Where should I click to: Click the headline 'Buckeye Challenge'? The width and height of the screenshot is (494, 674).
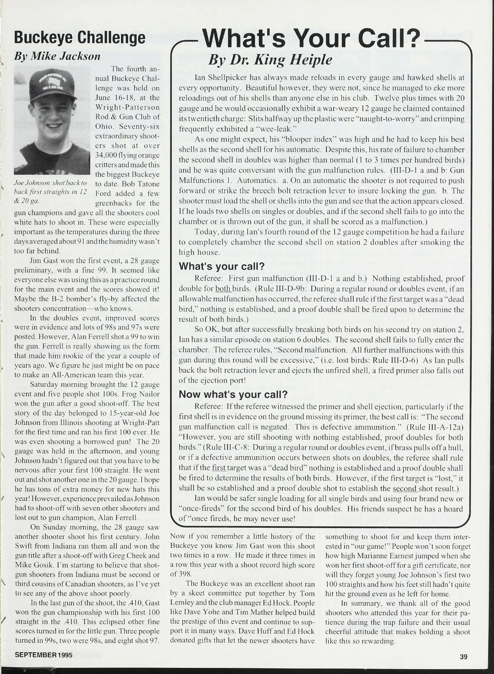click(x=79, y=37)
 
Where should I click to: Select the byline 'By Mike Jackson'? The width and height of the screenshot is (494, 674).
click(x=57, y=56)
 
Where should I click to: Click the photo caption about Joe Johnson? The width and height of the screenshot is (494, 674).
click(x=50, y=191)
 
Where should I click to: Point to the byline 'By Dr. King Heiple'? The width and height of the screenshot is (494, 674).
click(x=270, y=60)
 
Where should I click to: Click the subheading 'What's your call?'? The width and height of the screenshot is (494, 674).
click(x=221, y=266)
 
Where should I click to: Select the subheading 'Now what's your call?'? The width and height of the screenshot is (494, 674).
click(x=233, y=394)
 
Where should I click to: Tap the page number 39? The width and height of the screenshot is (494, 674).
click(x=464, y=657)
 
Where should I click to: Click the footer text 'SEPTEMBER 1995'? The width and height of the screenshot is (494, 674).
click(x=44, y=655)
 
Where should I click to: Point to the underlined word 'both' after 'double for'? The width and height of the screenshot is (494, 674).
click(x=223, y=289)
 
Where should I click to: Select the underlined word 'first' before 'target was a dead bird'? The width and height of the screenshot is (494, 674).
click(x=219, y=468)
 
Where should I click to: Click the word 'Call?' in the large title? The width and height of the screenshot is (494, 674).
click(x=389, y=39)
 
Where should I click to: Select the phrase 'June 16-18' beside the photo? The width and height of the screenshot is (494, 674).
click(x=116, y=98)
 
